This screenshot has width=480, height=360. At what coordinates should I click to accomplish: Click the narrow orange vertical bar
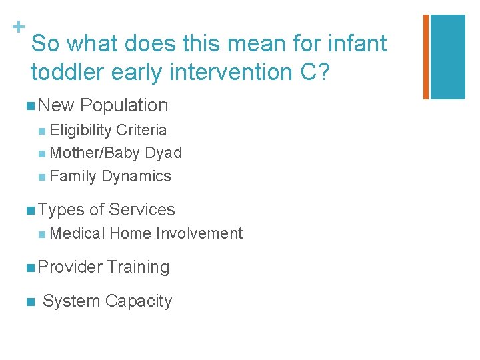[426, 57]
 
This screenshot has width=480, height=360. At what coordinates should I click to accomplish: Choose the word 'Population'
[124, 105]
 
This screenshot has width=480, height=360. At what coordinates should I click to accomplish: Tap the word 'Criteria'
[141, 130]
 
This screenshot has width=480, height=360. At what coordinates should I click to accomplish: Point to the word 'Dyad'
[163, 153]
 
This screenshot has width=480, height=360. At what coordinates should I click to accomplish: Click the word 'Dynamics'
[136, 177]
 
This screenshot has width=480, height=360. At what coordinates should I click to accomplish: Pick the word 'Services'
[141, 210]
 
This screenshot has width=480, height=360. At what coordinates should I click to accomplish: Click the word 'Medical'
[77, 233]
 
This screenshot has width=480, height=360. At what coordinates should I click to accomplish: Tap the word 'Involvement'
[199, 233]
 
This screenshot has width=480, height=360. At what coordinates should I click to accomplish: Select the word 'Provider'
[70, 267]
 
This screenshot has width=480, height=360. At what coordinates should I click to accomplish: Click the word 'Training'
[138, 267]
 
